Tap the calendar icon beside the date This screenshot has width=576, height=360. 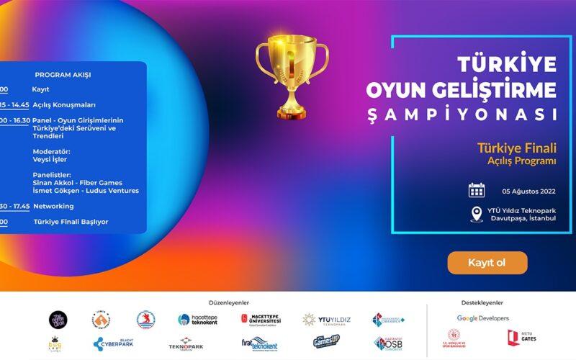pos(477,191)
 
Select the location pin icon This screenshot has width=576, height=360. pos(476,214)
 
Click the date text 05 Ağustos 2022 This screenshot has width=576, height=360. pos(529,191)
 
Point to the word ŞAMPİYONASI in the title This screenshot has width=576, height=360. pos(472,114)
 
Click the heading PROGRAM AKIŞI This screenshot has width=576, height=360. pos(63,74)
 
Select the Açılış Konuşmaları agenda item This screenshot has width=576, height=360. pos(64,105)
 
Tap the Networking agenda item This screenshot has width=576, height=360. pos(53,206)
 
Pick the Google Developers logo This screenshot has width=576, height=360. pos(482,318)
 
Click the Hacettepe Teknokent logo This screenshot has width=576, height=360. pos(198,319)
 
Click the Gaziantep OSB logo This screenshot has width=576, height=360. pos(388,343)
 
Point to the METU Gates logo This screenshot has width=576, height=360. pos(521,338)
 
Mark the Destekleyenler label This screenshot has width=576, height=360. pos(482,303)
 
